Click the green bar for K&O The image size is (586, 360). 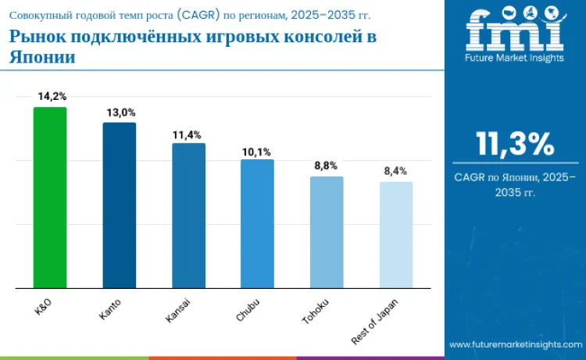(x=50, y=198)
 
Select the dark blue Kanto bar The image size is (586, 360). (x=120, y=205)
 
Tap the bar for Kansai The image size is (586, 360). (x=188, y=216)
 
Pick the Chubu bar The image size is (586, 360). (x=257, y=223)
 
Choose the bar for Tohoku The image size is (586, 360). (x=327, y=232)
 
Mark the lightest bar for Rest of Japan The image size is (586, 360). (x=396, y=235)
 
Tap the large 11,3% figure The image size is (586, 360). (x=515, y=144)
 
